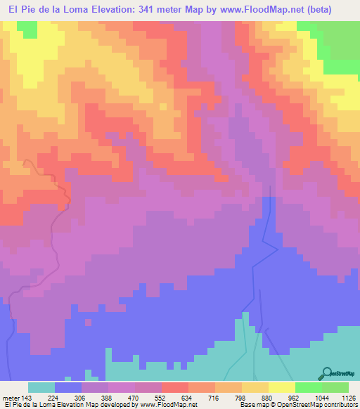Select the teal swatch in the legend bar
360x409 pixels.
point(41,387)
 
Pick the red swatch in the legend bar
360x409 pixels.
point(175,387)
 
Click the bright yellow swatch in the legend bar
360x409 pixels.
point(282,387)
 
